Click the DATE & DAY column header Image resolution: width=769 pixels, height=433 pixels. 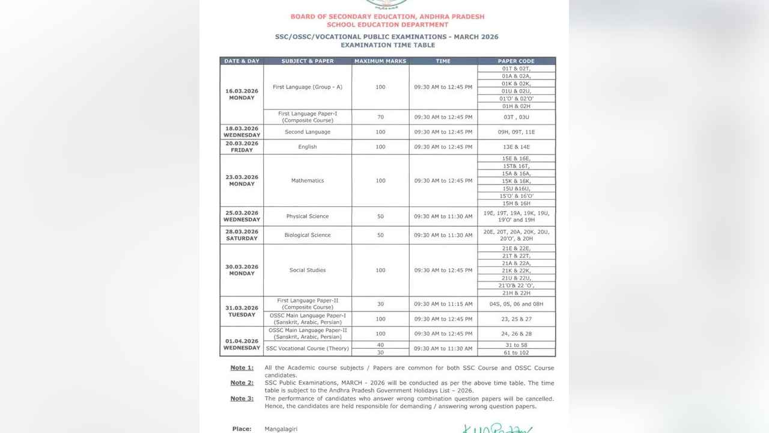[242, 61]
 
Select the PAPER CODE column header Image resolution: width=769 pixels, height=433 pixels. [516, 61]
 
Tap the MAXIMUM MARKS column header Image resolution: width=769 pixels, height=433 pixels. [380, 61]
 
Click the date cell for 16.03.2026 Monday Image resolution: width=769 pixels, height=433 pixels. [242, 94]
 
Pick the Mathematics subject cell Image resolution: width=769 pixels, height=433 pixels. [308, 180]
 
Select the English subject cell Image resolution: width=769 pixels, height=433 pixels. [308, 147]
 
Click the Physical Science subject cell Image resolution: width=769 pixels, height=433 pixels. [308, 216]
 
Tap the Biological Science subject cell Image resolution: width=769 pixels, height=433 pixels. [308, 235]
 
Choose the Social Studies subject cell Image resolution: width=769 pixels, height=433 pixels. [308, 270]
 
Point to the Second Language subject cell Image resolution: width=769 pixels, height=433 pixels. [308, 132]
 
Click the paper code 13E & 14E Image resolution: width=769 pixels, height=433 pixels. [516, 147]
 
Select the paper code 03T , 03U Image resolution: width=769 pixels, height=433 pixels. [516, 117]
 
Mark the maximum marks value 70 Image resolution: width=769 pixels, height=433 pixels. [380, 117]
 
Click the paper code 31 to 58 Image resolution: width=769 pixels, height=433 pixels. [516, 345]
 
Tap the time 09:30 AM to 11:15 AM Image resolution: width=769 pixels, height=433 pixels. [443, 304]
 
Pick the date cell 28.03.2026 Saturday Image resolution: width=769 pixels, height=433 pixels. [242, 235]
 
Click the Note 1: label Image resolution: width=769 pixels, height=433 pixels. [242, 367]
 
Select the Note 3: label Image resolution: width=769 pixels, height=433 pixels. [242, 399]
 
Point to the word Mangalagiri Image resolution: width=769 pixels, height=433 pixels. [281, 429]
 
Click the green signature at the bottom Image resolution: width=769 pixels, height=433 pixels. [497, 429]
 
